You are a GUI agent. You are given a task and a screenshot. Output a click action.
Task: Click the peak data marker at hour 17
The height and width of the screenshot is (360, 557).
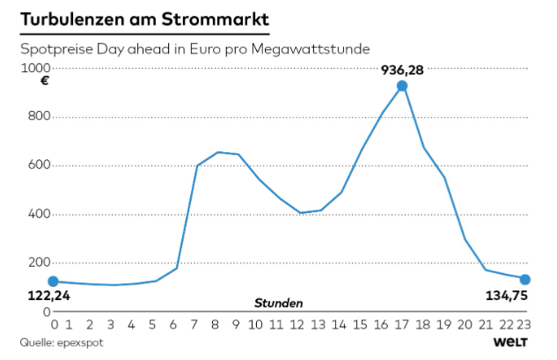point(402,85)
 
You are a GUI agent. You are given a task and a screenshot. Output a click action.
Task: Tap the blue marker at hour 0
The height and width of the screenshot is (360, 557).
point(54,282)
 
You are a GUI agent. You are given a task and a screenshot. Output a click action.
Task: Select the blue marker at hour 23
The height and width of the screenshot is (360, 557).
point(525,280)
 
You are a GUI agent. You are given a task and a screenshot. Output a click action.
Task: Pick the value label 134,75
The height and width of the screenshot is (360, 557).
point(507,296)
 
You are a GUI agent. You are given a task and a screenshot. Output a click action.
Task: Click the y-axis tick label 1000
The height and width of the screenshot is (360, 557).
point(38,68)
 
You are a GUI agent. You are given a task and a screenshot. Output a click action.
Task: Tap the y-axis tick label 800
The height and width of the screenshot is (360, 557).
point(41,117)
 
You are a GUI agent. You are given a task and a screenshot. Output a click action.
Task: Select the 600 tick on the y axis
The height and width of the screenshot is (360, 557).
point(41,165)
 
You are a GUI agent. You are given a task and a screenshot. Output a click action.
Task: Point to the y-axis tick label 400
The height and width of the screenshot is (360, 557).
point(41,214)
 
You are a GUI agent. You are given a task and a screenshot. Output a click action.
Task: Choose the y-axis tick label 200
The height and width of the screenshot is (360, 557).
point(41,262)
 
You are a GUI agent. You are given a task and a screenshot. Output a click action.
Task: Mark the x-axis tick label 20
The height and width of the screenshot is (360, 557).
point(465,323)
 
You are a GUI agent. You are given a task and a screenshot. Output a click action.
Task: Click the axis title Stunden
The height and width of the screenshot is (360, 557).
point(279,302)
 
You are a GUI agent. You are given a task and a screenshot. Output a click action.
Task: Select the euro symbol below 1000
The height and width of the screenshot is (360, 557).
point(45,82)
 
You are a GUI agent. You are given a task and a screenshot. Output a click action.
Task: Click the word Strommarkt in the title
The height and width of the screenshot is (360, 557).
point(216,18)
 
